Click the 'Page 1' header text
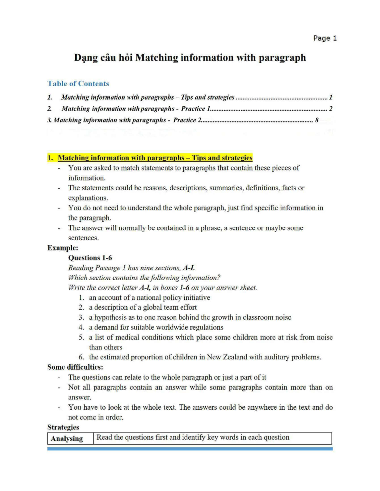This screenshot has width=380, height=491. (325, 38)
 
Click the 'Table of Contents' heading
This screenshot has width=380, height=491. (78, 83)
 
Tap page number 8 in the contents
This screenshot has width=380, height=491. (316, 120)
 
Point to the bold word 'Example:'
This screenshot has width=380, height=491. (63, 248)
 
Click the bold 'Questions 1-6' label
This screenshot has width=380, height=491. (90, 258)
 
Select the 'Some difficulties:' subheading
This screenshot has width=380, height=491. (75, 367)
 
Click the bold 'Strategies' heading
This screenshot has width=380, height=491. (63, 427)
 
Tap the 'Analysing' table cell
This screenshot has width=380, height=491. (67, 439)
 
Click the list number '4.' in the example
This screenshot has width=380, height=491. (81, 327)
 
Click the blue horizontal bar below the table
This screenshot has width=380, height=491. (190, 449)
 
